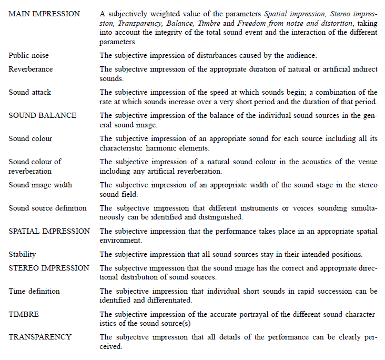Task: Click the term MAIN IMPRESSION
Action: click(44, 13)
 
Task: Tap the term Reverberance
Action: click(31, 69)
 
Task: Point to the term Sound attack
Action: click(30, 92)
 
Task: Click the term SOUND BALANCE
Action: click(43, 115)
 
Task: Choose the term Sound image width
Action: click(40, 185)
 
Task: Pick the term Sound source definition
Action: click(47, 208)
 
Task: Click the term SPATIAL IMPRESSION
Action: click(49, 231)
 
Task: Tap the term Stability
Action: click(22, 254)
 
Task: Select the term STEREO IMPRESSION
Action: click(49, 268)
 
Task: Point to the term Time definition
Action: click(34, 291)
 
